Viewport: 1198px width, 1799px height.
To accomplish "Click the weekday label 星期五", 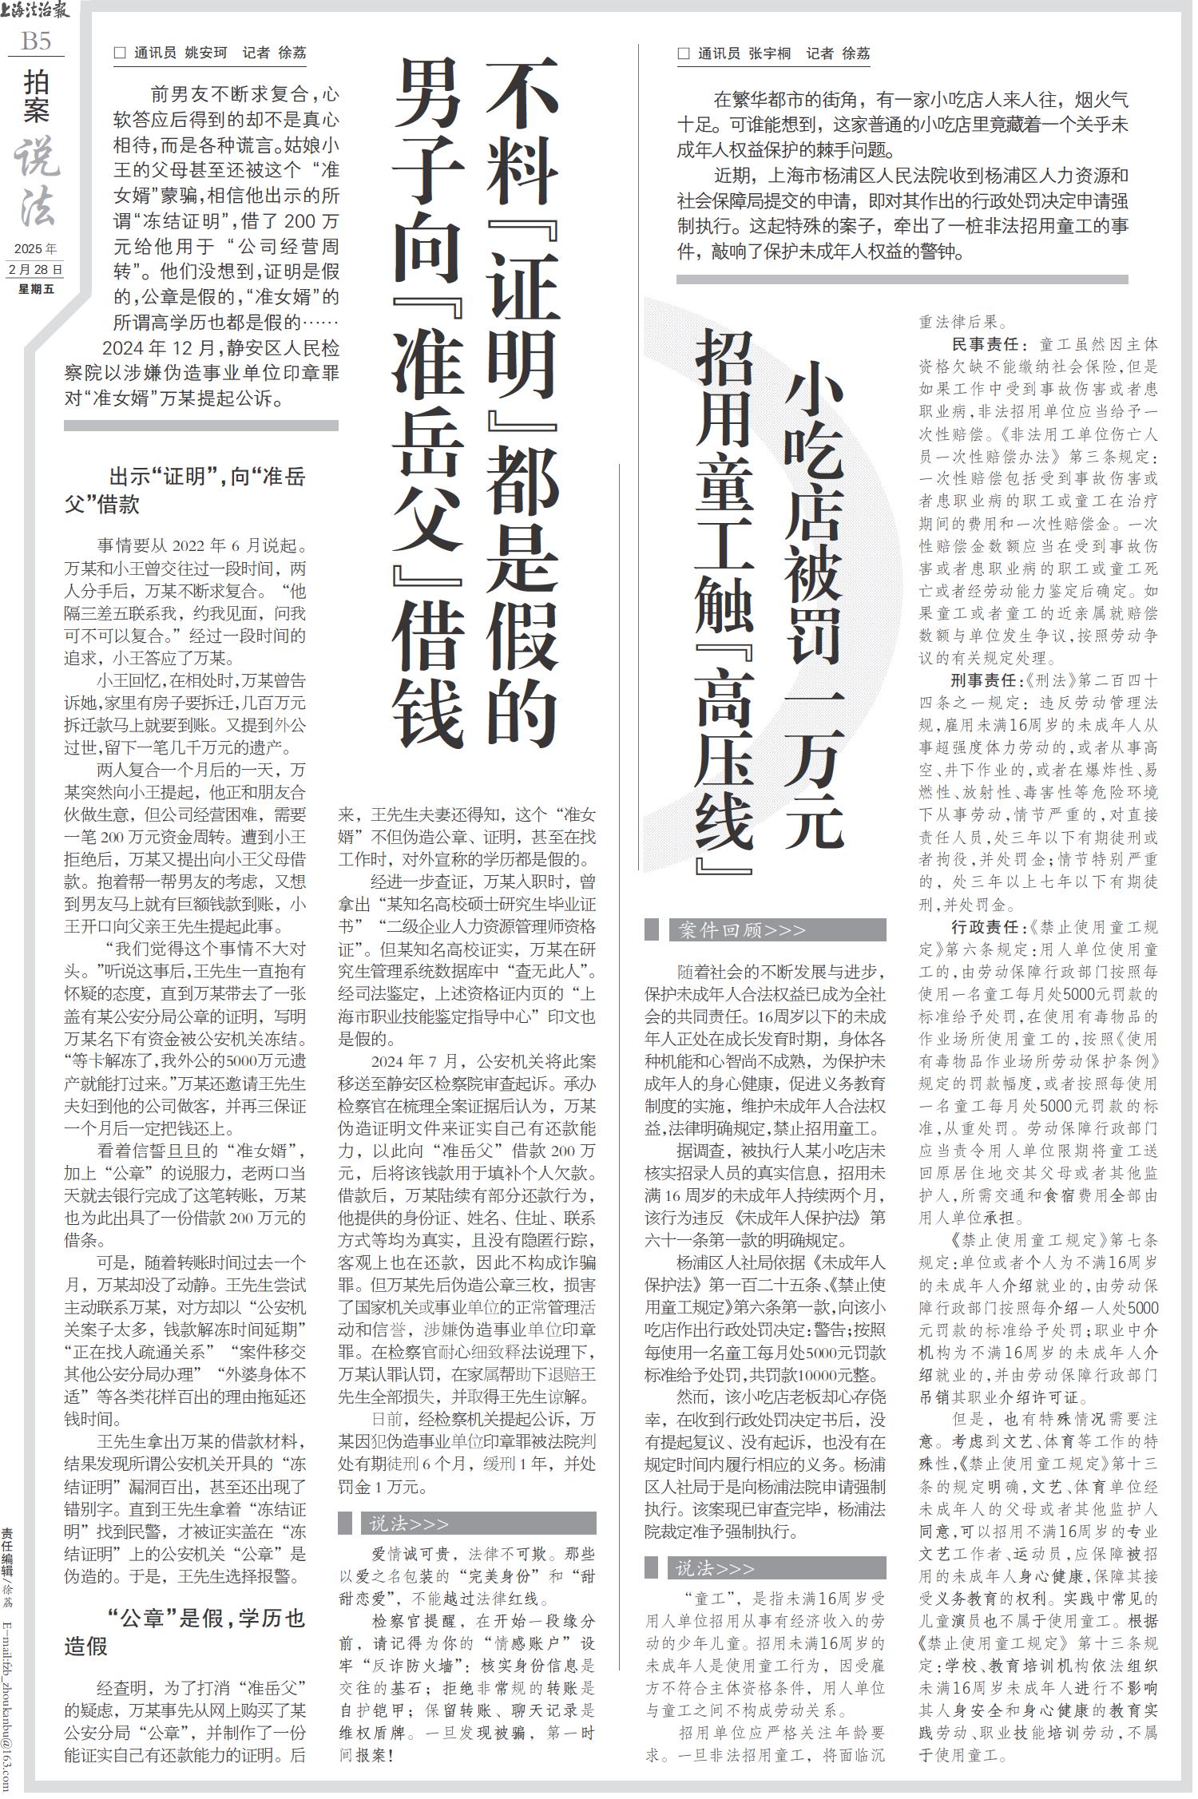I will click(x=36, y=289).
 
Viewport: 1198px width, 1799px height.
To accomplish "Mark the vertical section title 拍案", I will click(x=36, y=97).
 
